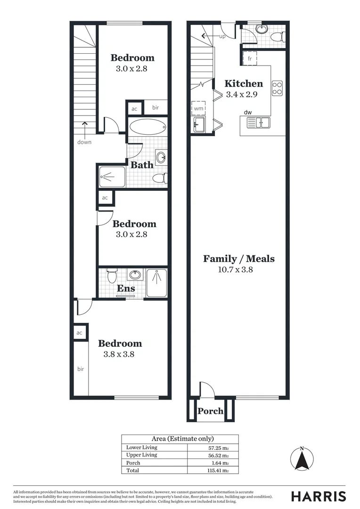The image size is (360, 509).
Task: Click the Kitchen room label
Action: click(x=244, y=84)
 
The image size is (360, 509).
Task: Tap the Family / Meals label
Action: click(x=238, y=259)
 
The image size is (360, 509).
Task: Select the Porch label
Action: click(x=210, y=411)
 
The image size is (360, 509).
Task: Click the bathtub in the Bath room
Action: click(x=147, y=127)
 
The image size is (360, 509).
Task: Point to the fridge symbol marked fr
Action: click(x=250, y=58)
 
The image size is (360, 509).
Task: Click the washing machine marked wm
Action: click(x=198, y=108)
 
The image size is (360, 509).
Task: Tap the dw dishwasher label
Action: click(x=247, y=112)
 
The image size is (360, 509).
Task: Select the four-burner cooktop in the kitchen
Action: click(x=277, y=88)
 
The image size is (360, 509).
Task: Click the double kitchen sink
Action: click(x=258, y=123)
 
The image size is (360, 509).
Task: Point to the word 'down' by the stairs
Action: click(x=85, y=142)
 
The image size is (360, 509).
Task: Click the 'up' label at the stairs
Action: click(x=222, y=36)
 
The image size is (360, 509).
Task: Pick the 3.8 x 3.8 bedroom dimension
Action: click(x=119, y=354)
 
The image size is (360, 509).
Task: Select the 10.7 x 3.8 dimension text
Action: click(x=238, y=270)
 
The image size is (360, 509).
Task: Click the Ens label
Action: click(x=126, y=288)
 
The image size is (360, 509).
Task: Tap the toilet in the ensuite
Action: click(x=112, y=275)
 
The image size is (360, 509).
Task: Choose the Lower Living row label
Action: click(x=142, y=447)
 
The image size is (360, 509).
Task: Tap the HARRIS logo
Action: click(x=318, y=496)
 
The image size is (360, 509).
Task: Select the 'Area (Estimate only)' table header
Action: click(x=180, y=438)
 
